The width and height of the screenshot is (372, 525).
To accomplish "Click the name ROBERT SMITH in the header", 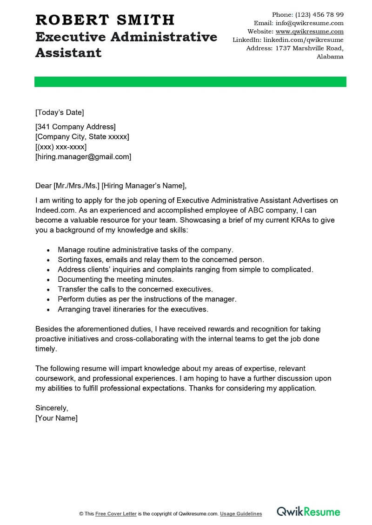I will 105,20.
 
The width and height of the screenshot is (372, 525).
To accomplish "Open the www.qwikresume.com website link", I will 309,32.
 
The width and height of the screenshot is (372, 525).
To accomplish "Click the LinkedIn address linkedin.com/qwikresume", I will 300,40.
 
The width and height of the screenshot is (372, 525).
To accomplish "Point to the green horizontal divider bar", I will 190,82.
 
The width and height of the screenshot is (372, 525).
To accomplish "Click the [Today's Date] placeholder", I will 60,112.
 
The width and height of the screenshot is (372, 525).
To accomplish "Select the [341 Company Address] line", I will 75,127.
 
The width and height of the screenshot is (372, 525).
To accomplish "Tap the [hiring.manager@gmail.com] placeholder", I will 83,157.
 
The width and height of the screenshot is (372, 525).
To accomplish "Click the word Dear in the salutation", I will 44,186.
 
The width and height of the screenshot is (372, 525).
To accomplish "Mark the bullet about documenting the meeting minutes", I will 115,279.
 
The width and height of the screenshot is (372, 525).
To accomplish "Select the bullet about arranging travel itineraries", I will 133,309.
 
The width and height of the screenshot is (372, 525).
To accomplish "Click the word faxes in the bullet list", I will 92,259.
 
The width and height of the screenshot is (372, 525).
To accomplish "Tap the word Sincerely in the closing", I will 52,408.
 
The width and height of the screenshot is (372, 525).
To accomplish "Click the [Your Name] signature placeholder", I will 56,418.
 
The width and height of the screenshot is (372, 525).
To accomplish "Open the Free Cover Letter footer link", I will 115,514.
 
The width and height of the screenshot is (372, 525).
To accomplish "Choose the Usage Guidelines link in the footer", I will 241,514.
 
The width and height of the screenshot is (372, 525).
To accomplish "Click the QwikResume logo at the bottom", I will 308,512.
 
